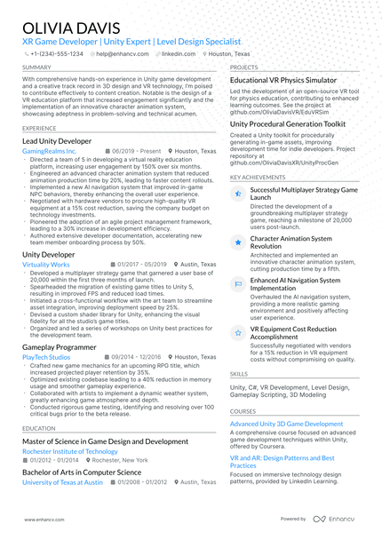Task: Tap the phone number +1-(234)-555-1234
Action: pos(56,53)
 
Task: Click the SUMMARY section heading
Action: pos(36,67)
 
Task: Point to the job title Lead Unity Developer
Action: pos(57,141)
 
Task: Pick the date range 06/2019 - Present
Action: pos(136,152)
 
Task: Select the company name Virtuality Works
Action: pos(45,265)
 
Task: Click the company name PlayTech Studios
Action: pos(46,357)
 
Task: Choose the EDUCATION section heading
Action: pos(39,428)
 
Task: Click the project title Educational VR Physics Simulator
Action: pos(283,80)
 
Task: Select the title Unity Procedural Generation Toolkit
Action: pos(288,124)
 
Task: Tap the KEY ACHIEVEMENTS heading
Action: pos(258,177)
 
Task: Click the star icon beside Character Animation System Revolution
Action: pos(237,242)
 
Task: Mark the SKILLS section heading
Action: pos(239,374)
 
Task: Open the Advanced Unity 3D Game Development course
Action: pos(286,425)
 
